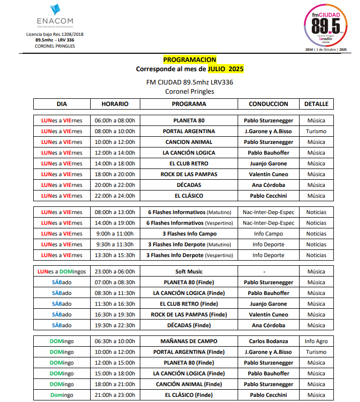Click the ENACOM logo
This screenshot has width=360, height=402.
click(x=55, y=16)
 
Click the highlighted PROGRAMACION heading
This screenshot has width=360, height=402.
click(x=189, y=60)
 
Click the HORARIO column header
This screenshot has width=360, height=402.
click(x=115, y=104)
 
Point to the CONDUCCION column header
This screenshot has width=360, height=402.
click(x=268, y=104)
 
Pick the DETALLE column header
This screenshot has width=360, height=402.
click(x=316, y=104)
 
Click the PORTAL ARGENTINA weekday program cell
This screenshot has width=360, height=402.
click(x=189, y=132)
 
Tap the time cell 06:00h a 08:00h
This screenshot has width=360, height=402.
click(x=115, y=121)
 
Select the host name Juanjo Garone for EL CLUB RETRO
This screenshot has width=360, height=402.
click(x=268, y=164)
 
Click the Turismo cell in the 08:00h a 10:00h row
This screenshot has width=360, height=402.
click(x=316, y=132)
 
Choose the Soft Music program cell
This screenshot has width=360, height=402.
click(x=189, y=271)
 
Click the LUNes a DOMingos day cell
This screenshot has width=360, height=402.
click(x=61, y=271)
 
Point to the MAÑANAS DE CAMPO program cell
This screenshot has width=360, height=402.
click(x=189, y=341)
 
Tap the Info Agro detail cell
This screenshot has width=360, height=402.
click(x=316, y=341)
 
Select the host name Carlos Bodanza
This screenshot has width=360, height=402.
click(x=268, y=341)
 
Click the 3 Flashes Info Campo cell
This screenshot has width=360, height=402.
click(x=189, y=234)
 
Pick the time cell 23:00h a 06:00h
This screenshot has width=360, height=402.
click(x=115, y=271)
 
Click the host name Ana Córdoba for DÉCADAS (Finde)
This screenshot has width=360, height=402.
click(x=268, y=325)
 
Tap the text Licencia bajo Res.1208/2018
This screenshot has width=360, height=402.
click(x=54, y=34)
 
